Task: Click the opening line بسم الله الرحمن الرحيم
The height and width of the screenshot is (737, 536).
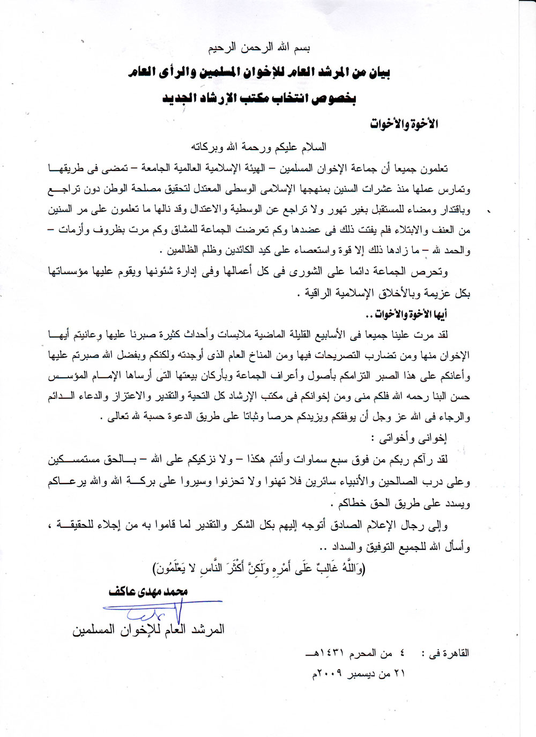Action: (x=259, y=48)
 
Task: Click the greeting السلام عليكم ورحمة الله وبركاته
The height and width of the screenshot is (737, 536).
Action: (x=259, y=146)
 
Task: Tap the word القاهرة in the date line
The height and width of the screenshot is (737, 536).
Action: (x=453, y=653)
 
